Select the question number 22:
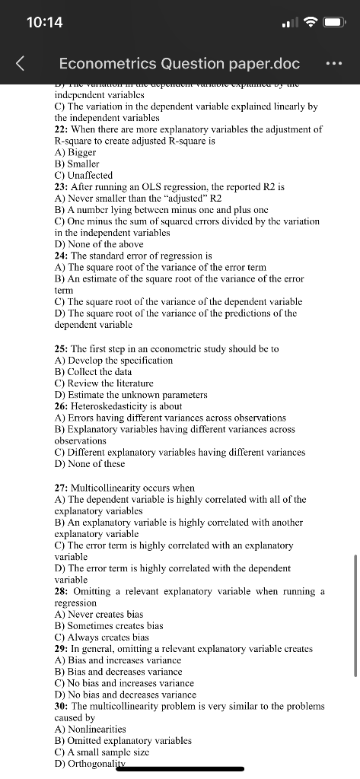coord(62,129)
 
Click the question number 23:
coord(62,186)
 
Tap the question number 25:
coord(62,348)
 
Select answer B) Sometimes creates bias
coord(109,625)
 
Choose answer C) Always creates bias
coord(102,637)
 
